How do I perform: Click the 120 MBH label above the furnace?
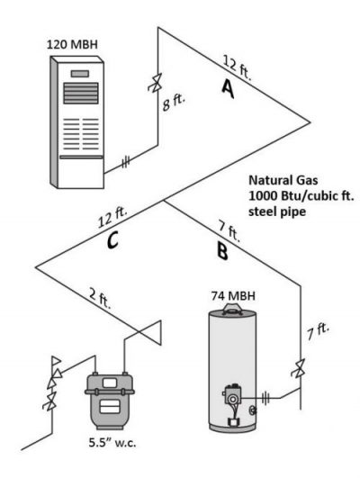pos(72,44)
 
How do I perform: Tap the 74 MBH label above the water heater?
pos(233,295)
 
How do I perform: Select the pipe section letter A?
pos(228,88)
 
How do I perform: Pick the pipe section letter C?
pos(112,239)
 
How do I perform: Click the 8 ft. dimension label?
pos(175,104)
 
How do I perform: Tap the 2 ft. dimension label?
pos(100,298)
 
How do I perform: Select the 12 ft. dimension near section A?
pos(238,68)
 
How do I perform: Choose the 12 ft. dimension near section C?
pos(112,217)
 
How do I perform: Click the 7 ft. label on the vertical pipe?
pos(319,331)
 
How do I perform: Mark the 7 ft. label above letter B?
pos(229,231)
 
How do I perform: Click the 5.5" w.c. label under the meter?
pos(112,443)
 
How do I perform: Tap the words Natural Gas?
pos(283,180)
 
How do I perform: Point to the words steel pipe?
pos(277,212)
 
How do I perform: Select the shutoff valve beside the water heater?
pos(299,368)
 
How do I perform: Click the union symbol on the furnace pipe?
pos(125,162)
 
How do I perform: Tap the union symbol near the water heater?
pos(265,398)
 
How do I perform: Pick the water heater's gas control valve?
pos(232,394)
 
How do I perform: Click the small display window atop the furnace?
pos(80,74)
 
